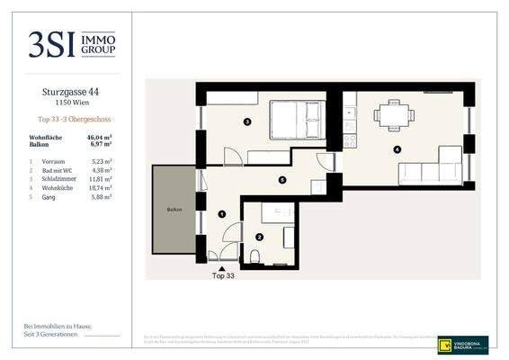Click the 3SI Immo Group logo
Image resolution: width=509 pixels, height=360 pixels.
[x=71, y=43]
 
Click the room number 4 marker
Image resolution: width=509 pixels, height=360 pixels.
[x=397, y=148]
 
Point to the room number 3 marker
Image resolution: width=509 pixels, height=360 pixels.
[x=247, y=121]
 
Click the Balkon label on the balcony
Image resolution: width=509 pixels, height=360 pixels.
[x=173, y=209]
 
